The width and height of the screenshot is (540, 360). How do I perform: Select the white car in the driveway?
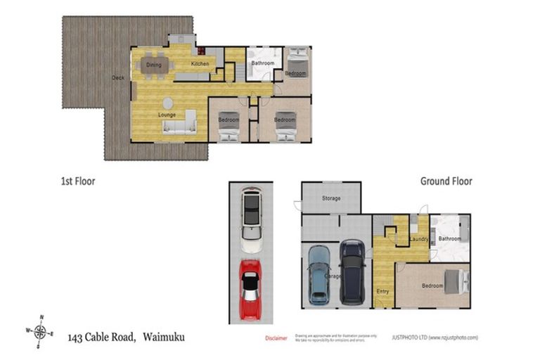pos(251,219)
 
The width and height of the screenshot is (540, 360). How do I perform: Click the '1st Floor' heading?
pos(77,181)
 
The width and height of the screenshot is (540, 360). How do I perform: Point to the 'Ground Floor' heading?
pos(446,181)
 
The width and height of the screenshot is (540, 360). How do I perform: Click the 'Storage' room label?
pos(331,198)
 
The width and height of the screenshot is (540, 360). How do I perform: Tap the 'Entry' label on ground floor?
pos(382,291)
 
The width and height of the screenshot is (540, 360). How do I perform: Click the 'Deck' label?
pos(118,77)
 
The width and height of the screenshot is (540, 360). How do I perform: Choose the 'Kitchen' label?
pos(200,64)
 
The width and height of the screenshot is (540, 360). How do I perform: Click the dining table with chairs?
pos(154,65)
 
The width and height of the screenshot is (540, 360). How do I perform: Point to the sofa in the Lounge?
pos(180,124)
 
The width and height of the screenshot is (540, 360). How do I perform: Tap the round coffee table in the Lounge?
pos(167,103)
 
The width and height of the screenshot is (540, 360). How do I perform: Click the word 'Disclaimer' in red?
pos(276,338)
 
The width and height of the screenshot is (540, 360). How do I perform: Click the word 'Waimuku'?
pos(164,337)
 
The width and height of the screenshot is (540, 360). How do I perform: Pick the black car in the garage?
pos(352,273)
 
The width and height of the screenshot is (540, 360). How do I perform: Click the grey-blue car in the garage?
pos(319,274)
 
